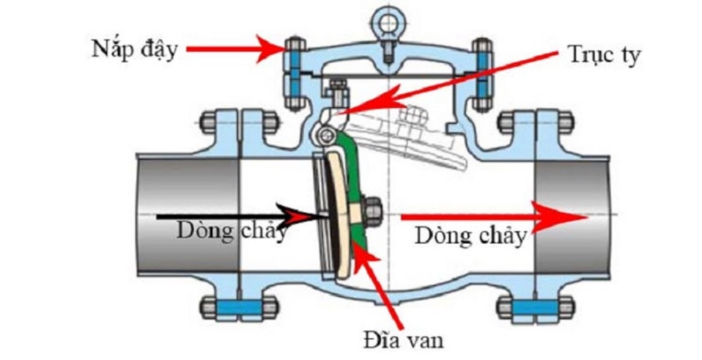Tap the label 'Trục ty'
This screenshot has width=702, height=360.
(x=604, y=56)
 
